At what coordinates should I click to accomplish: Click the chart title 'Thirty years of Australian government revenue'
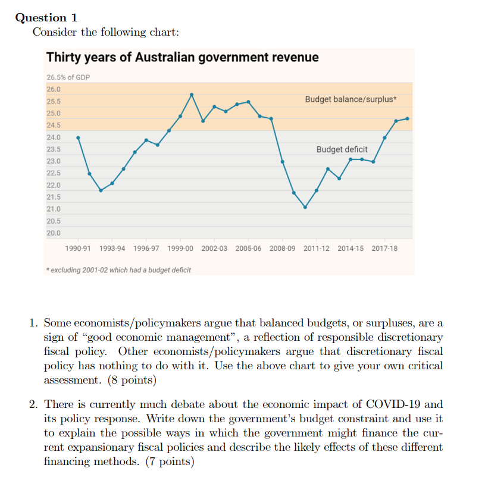coord(182,58)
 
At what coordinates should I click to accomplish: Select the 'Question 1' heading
coord(46,18)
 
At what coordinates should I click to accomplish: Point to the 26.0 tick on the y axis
coord(54,89)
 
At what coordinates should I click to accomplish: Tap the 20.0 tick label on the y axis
coord(54,233)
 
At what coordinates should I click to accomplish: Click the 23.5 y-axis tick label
coord(54,149)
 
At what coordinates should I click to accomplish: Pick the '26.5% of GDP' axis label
coord(68,77)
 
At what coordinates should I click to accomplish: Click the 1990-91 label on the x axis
coord(78,248)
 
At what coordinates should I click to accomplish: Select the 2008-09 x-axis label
coord(282,248)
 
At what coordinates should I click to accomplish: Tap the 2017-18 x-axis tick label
coord(384,248)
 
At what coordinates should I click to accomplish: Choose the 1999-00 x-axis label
coord(180,248)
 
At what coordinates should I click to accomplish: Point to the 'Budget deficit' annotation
coord(342,149)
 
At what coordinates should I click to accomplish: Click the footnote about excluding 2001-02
coord(119,270)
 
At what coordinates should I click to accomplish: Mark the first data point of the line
coord(78,137)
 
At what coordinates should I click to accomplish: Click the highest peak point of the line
coord(192,94)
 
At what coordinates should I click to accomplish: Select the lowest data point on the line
coord(305,207)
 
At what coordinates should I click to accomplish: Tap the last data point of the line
coord(408,118)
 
